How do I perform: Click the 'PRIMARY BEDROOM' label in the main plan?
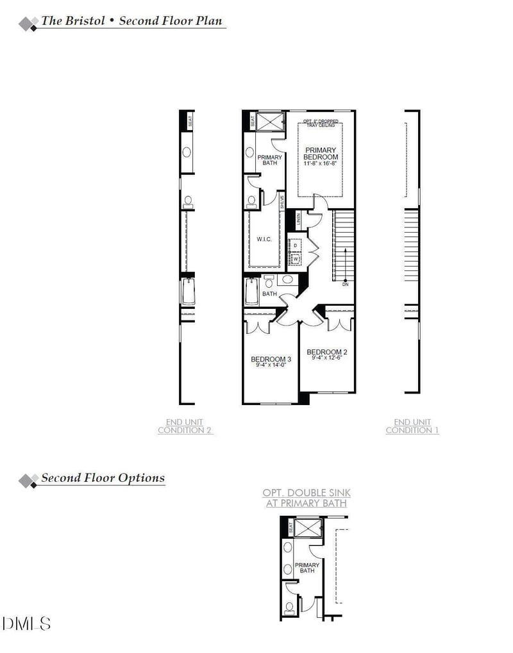[x=321, y=153]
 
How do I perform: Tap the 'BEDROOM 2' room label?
[x=327, y=352]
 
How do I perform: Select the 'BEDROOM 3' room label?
[x=271, y=359]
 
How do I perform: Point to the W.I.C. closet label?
[x=264, y=240]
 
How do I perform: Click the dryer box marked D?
[x=295, y=245]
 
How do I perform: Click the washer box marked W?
[x=296, y=258]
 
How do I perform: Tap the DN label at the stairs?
[x=345, y=284]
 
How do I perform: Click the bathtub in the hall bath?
[x=252, y=292]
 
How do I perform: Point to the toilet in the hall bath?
[x=269, y=281]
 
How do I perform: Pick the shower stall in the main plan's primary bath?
[x=270, y=120]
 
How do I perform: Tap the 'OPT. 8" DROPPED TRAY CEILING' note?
[x=319, y=123]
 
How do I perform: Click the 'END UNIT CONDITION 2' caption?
[x=185, y=426]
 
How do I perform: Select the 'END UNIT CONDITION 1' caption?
[x=412, y=426]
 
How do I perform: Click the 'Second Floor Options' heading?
[x=103, y=478]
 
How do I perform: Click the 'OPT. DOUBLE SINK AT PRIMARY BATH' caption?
[x=307, y=498]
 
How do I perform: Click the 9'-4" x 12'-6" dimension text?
[x=327, y=358]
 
